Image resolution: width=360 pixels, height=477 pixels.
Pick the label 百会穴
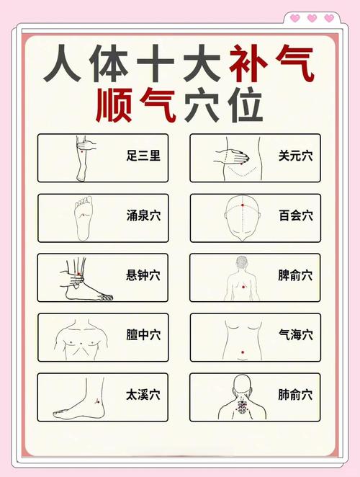click(295, 215)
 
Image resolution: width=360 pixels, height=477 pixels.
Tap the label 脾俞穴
click(295, 275)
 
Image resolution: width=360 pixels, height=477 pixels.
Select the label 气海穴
click(295, 334)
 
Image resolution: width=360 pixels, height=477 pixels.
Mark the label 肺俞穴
click(295, 394)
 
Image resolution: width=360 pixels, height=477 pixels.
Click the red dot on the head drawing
click(243, 205)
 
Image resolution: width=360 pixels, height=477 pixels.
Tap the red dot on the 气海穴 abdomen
click(243, 352)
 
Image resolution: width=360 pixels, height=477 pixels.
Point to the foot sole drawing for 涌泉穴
click(84, 216)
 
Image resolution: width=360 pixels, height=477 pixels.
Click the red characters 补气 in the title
click(272, 66)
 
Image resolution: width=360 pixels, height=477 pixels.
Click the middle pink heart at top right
click(312, 18)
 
